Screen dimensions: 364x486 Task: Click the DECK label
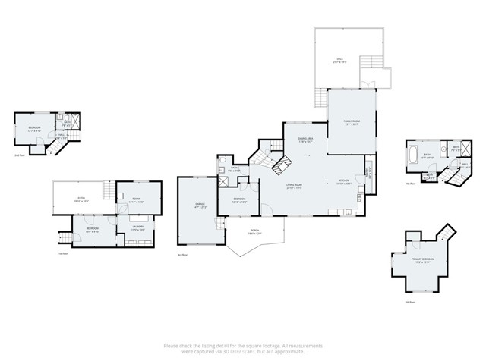339,58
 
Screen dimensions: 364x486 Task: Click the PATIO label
80,199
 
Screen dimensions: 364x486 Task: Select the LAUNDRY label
138,227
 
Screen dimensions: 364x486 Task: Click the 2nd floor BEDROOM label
34,127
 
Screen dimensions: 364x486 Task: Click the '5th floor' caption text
409,302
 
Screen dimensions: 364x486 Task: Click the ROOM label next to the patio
136,200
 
